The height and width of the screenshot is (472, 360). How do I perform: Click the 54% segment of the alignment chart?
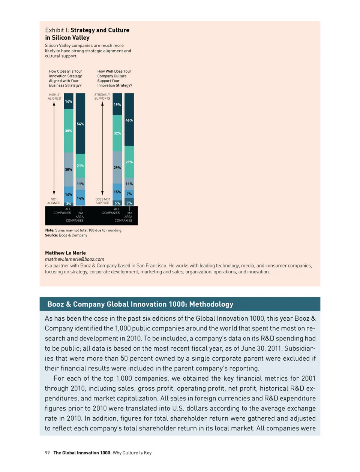tap(80, 124)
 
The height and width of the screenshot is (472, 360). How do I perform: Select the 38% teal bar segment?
tap(68, 131)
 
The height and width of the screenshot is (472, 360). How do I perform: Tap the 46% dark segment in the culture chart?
tap(129, 120)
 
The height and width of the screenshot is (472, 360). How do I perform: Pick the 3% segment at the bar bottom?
tap(69, 204)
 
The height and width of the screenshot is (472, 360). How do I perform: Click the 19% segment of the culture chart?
tap(117, 105)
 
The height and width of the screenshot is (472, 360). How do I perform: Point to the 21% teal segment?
tap(80, 166)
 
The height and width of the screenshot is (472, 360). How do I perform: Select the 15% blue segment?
tap(117, 192)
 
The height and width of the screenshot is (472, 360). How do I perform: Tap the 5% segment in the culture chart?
tap(117, 203)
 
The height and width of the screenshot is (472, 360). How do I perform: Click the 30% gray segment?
tap(68, 169)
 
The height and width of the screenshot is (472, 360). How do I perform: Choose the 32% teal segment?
tap(117, 133)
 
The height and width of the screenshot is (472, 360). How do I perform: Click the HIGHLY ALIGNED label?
tap(54, 97)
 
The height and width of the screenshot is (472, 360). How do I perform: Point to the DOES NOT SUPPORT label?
tap(103, 201)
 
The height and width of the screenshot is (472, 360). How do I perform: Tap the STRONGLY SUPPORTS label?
tap(102, 97)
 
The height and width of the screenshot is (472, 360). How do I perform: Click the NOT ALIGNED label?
tap(54, 201)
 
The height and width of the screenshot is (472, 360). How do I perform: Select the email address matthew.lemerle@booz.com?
tap(75, 259)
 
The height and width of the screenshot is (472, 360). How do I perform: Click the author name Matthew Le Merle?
tap(65, 253)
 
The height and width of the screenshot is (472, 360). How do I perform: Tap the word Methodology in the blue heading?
tap(211, 304)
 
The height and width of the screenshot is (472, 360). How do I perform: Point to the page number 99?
tap(47, 453)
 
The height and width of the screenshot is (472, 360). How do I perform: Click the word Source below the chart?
tap(51, 235)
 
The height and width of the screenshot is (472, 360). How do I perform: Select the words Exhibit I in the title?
tap(57, 30)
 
